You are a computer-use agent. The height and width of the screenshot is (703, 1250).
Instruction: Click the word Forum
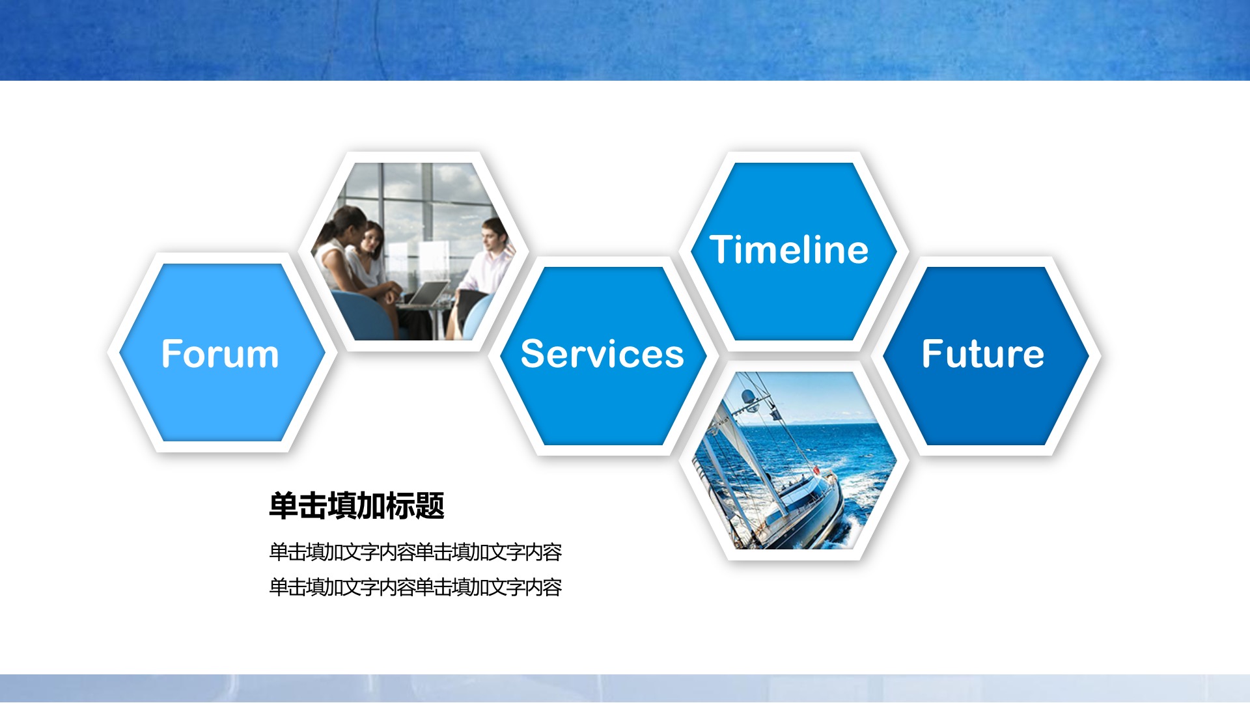pyautogui.click(x=220, y=354)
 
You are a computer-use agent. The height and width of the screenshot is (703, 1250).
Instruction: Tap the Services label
pyautogui.click(x=602, y=354)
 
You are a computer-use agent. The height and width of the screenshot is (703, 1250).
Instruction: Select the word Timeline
pyautogui.click(x=789, y=249)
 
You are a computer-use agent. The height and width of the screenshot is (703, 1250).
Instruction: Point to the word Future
pyautogui.click(x=983, y=354)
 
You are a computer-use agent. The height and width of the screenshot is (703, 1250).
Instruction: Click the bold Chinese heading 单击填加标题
pyautogui.click(x=357, y=506)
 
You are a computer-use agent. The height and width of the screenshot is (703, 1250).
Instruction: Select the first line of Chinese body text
pyautogui.click(x=415, y=552)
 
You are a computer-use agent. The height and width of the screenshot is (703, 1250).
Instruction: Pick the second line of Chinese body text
pyautogui.click(x=415, y=587)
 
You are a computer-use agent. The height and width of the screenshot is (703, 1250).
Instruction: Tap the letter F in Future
pyautogui.click(x=934, y=354)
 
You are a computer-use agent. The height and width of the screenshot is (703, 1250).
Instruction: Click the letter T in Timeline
pyautogui.click(x=723, y=249)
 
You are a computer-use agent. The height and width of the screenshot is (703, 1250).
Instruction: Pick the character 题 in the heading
pyautogui.click(x=430, y=506)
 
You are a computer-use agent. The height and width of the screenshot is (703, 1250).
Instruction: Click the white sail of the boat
pyautogui.click(x=742, y=456)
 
